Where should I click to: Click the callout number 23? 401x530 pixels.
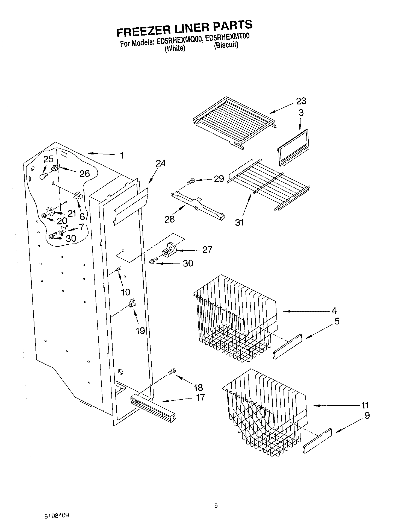[301, 101]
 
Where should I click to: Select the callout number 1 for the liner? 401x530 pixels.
[122, 156]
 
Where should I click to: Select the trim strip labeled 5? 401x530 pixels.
[287, 346]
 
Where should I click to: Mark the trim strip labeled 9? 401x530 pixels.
[317, 441]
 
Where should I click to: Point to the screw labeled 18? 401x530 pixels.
[172, 372]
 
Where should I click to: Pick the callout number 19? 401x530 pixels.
[140, 331]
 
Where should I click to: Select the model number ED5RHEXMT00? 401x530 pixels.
[227, 37]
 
